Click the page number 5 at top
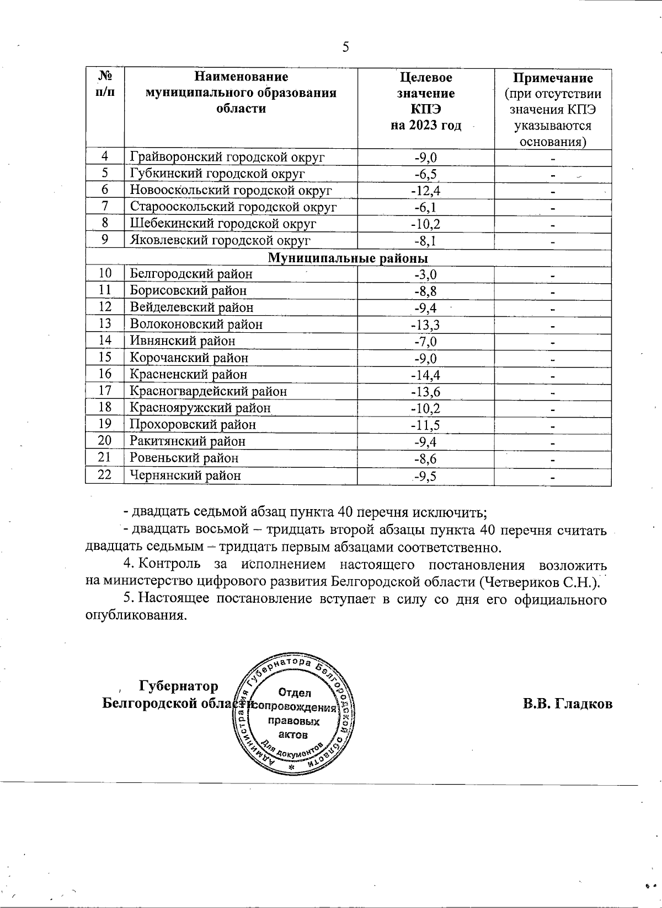point(346,47)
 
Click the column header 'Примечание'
point(553,78)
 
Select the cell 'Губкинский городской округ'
point(217,174)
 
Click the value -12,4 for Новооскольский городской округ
point(425,191)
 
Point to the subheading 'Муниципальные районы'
point(348,258)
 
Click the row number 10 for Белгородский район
point(105,274)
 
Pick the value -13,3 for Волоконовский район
point(425,325)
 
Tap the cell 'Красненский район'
point(188,375)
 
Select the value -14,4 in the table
point(425,375)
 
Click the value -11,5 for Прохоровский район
point(425,425)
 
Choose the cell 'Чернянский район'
point(185,475)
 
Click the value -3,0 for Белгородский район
point(425,274)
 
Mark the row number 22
point(105,474)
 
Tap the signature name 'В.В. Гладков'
point(568,704)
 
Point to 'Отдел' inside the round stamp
point(295,693)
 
